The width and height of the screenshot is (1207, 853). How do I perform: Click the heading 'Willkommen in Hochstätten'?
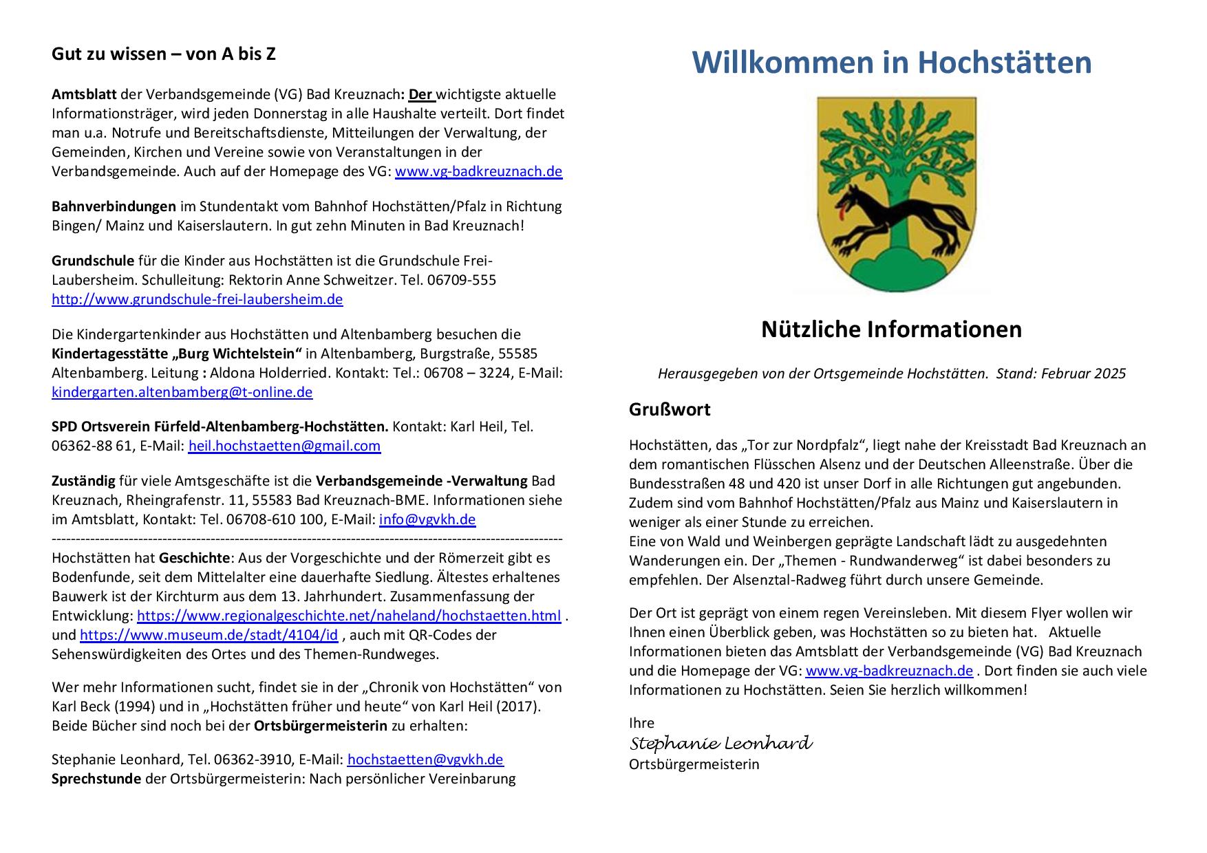[891, 62]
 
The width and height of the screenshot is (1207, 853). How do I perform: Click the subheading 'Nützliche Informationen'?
[891, 330]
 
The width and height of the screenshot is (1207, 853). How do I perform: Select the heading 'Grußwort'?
[669, 409]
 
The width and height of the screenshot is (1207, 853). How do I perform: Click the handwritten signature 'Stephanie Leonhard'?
[720, 744]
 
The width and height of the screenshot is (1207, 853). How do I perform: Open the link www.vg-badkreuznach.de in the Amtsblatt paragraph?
[478, 171]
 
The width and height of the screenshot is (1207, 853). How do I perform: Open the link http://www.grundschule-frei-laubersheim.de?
[197, 299]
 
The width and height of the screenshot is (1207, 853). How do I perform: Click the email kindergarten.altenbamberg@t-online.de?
[182, 392]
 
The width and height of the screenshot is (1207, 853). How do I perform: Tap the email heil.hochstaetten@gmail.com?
[284, 446]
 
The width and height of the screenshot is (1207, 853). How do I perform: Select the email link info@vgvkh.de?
[427, 519]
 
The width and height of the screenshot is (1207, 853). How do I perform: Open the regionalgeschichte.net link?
[348, 616]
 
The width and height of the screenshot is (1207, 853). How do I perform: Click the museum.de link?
[209, 635]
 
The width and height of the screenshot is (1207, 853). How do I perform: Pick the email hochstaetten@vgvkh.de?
[425, 759]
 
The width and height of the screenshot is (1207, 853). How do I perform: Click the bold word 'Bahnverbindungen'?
[114, 206]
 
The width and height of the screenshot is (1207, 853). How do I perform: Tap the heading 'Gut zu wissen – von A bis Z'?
[164, 54]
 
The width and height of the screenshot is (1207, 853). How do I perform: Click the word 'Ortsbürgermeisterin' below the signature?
[694, 764]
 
